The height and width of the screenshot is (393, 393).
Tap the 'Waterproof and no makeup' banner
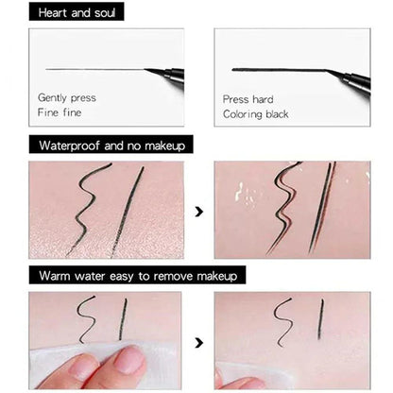[x=111, y=145]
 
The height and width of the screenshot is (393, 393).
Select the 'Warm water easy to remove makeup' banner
[x=138, y=275]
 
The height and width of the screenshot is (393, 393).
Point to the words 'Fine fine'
[x=59, y=112]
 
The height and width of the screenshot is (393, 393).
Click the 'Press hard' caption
[x=248, y=98]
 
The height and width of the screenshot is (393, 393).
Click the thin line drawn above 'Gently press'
[x=94, y=68]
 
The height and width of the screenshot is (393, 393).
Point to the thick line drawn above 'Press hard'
[x=279, y=69]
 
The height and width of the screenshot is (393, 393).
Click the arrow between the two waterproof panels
[x=198, y=212]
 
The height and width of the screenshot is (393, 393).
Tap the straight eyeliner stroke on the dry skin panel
[x=128, y=210]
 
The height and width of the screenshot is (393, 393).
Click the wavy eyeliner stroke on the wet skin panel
[x=287, y=208]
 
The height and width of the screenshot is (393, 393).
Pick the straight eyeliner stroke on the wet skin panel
[x=324, y=208]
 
